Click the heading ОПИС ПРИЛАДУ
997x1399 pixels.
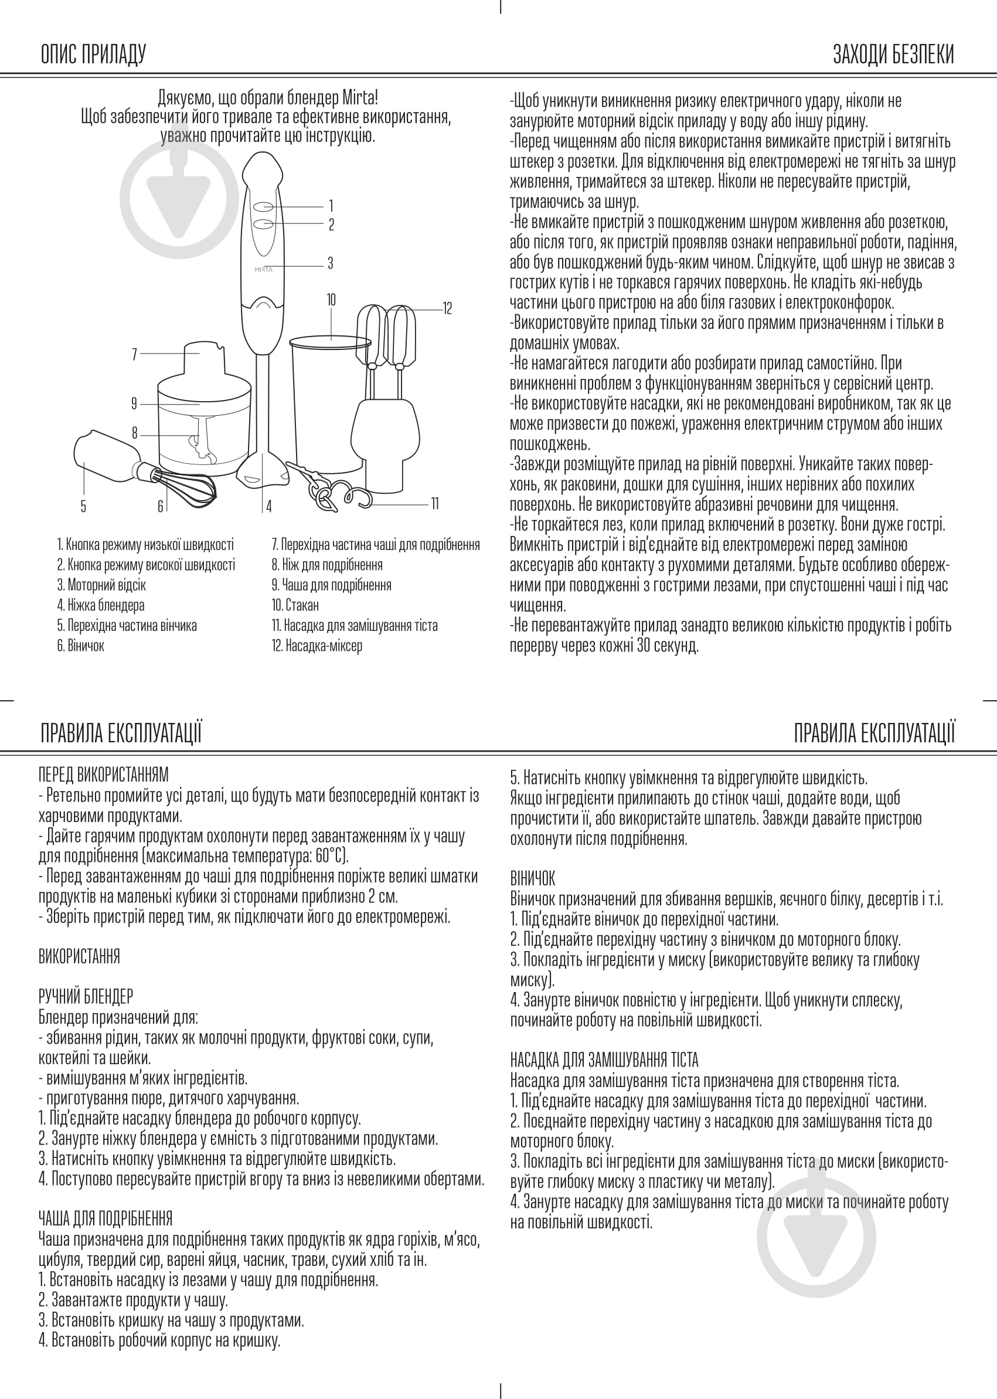93,55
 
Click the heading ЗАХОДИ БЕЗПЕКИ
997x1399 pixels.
893,55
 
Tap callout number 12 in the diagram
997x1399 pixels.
447,308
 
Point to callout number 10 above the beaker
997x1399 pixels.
331,300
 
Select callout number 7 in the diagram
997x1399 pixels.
134,354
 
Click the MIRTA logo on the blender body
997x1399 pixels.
263,270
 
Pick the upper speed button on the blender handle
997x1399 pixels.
264,206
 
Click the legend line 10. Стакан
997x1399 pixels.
295,606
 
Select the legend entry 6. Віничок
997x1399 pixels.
81,646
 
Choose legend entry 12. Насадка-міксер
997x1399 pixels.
317,646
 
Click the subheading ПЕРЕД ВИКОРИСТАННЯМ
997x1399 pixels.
103,775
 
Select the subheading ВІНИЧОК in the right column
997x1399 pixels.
532,879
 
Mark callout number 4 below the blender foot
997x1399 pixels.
268,507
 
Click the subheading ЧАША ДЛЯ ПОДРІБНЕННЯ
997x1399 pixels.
105,1218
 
